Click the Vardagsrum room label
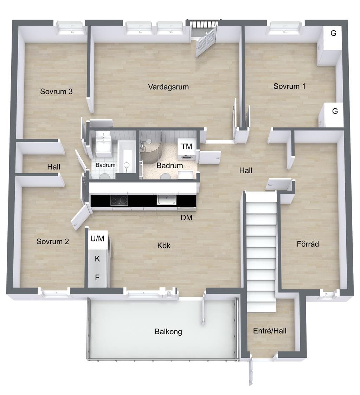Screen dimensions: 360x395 click(x=168, y=87)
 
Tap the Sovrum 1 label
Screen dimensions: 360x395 click(x=289, y=86)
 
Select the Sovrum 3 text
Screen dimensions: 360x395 click(x=56, y=91)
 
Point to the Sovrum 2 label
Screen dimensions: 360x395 click(x=53, y=241)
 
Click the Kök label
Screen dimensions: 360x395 click(x=164, y=245)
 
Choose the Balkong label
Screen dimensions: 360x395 click(x=168, y=332)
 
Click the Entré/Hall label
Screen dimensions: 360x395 click(x=270, y=331)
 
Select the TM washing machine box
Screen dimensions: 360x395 click(x=187, y=149)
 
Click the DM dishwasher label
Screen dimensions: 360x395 click(x=187, y=218)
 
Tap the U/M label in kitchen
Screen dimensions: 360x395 click(x=98, y=239)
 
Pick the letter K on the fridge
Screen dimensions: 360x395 click(x=97, y=259)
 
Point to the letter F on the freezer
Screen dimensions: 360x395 click(x=97, y=278)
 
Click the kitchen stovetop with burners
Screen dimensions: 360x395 click(x=119, y=201)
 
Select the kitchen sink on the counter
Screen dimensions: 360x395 click(x=167, y=200)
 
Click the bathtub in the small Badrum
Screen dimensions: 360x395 click(x=127, y=157)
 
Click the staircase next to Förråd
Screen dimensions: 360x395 click(x=261, y=252)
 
